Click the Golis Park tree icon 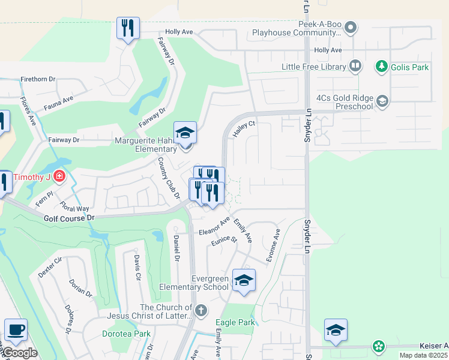[x=381, y=67]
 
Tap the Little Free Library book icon [x=355, y=67]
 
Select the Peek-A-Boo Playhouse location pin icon [x=352, y=27]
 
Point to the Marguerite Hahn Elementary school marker [x=185, y=133]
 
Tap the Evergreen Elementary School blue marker [x=244, y=281]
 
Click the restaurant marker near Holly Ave [x=128, y=29]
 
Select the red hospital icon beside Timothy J [x=59, y=176]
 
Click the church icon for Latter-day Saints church [x=201, y=311]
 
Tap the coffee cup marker [x=16, y=330]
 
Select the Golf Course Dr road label [x=70, y=218]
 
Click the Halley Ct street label [x=244, y=127]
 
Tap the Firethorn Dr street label [x=38, y=79]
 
